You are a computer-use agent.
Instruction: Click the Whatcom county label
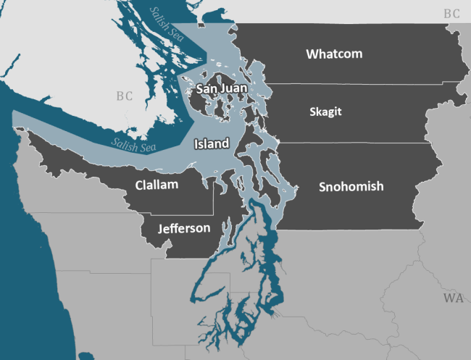(x=334, y=54)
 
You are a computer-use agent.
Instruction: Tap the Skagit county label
(x=325, y=112)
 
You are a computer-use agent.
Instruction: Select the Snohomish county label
(x=351, y=187)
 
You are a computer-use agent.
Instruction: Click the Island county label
(x=212, y=144)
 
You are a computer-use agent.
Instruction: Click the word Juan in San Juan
(x=236, y=89)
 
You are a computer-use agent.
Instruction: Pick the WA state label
(x=454, y=298)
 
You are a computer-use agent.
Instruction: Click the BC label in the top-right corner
(x=452, y=13)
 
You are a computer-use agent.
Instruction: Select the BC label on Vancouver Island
(x=125, y=96)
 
